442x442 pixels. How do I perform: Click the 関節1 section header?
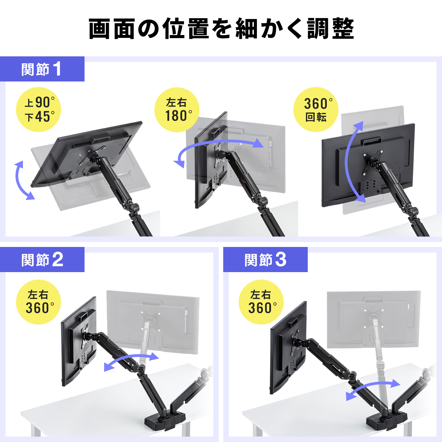[42, 69]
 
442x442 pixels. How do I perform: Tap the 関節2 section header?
[42, 260]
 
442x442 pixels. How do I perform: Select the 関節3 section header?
[265, 260]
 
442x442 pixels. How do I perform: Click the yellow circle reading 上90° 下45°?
[39, 110]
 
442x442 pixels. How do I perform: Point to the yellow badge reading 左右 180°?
[177, 110]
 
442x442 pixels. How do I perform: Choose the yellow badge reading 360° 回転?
[316, 110]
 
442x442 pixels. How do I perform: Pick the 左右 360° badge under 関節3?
[261, 302]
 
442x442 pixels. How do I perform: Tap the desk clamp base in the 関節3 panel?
[386, 420]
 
